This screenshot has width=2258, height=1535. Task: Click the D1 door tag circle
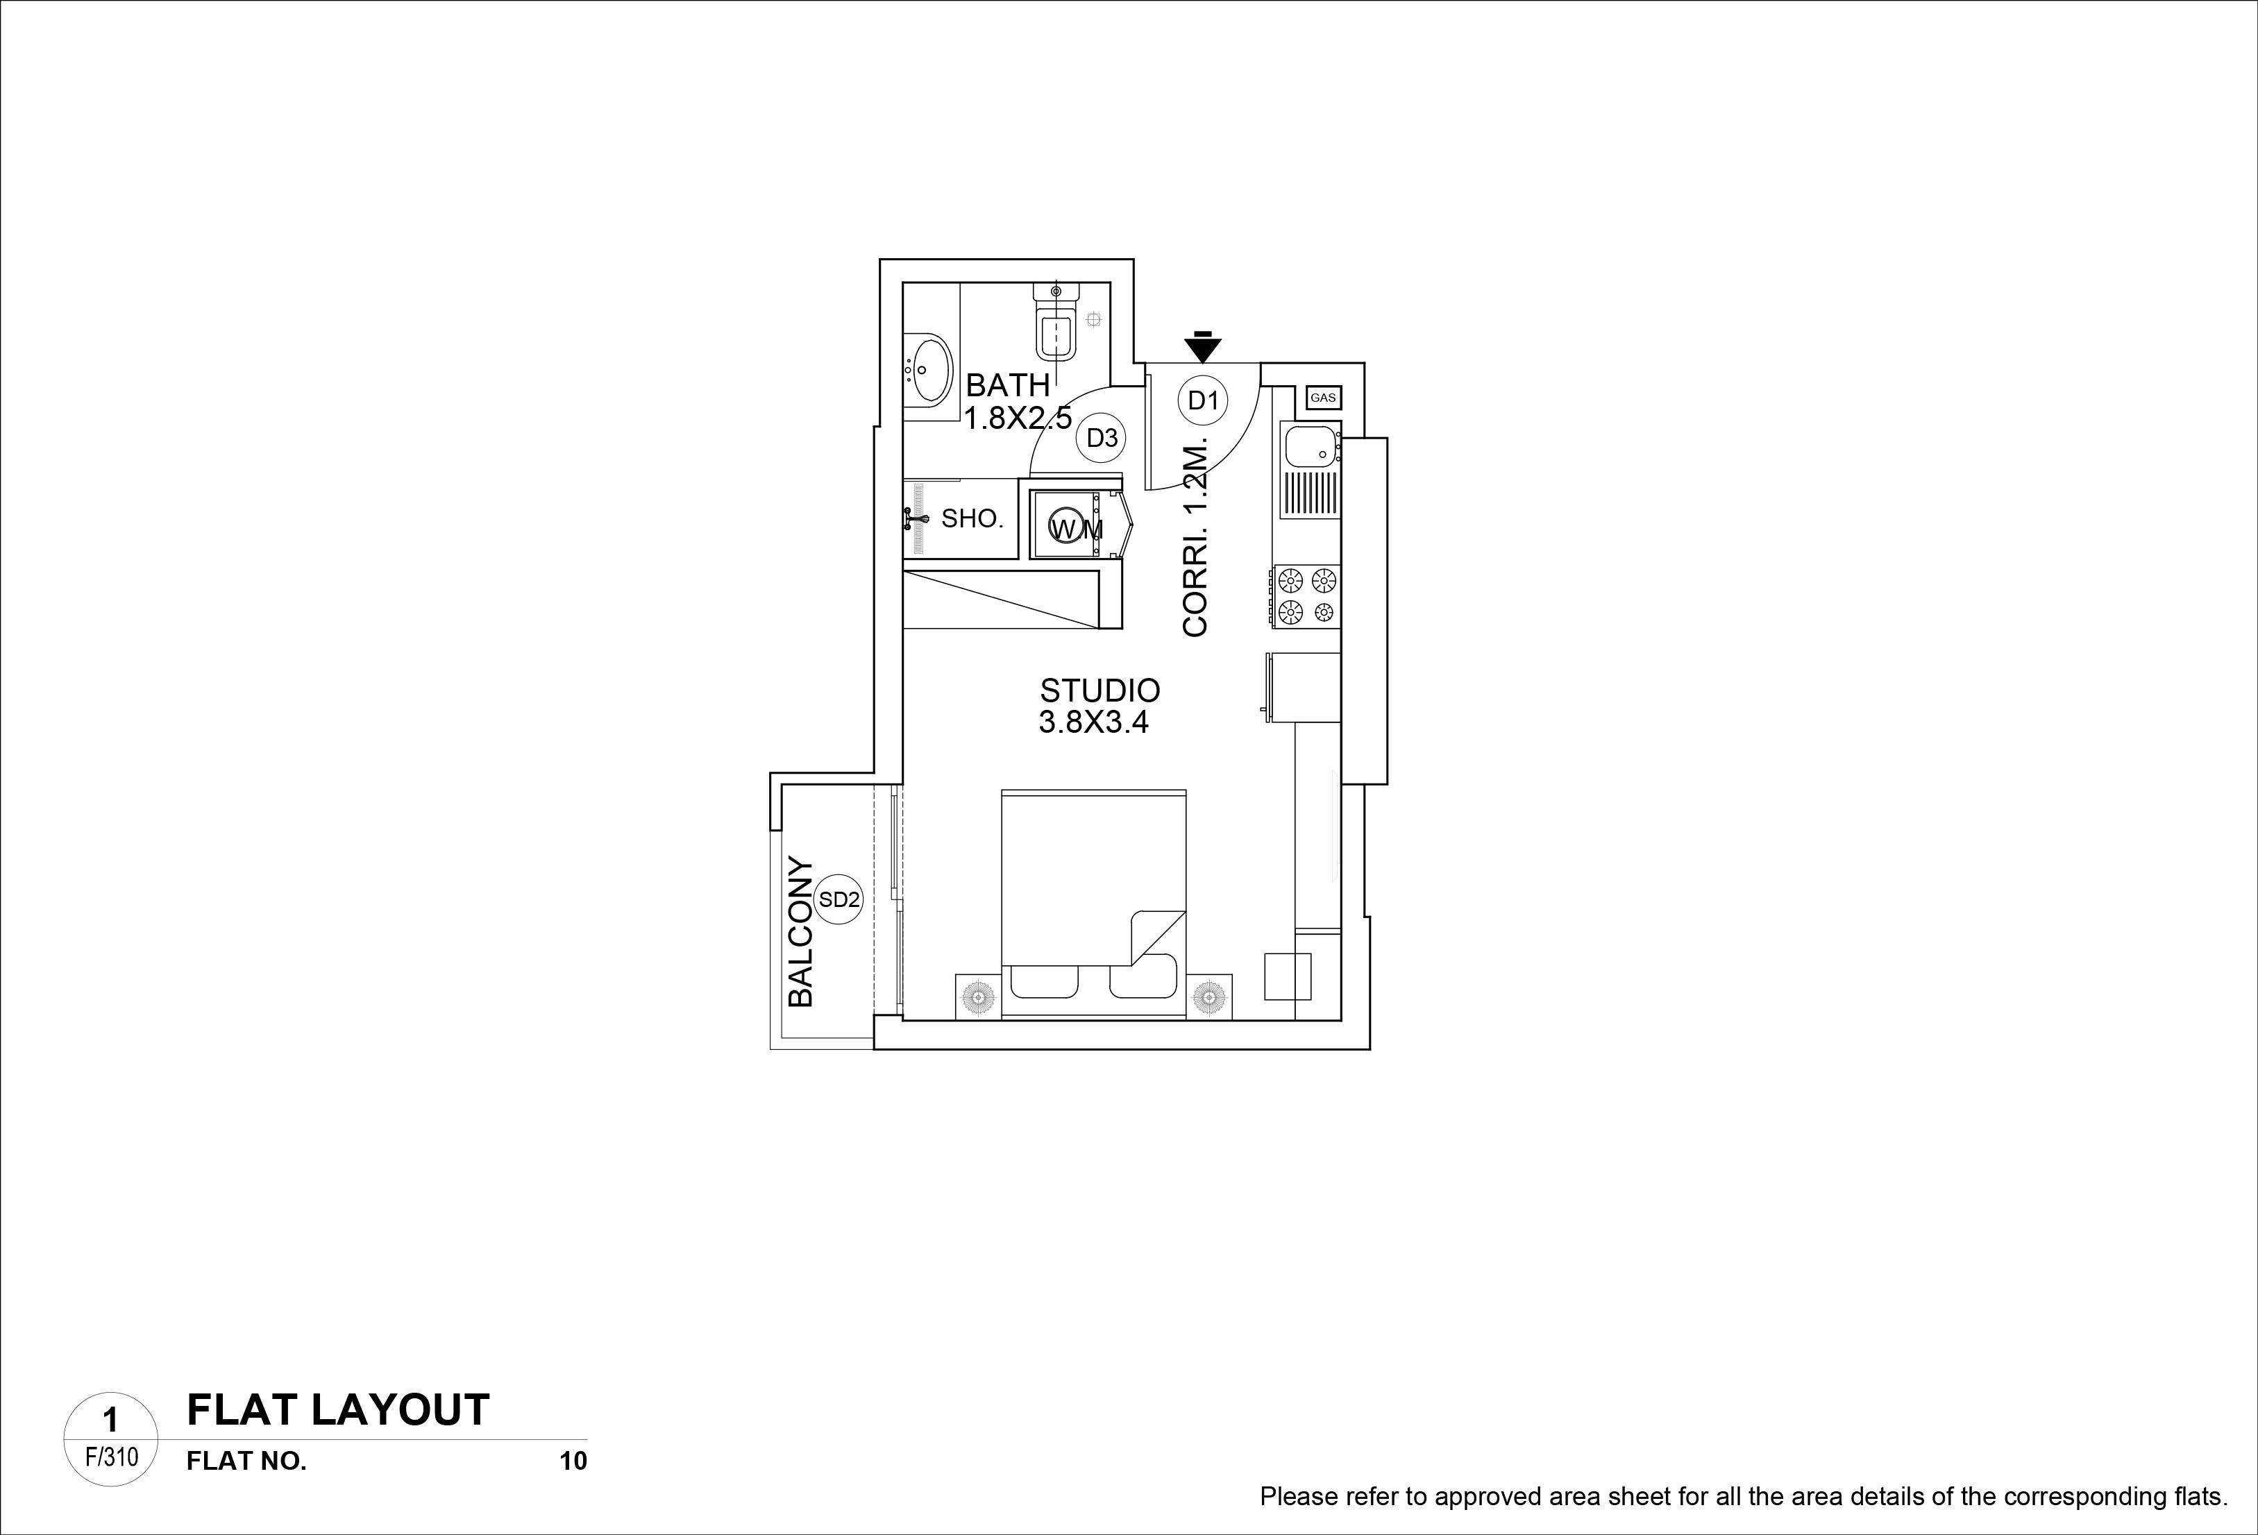point(1203,400)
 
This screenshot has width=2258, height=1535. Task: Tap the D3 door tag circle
point(1102,438)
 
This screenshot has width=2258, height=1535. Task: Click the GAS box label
point(1323,398)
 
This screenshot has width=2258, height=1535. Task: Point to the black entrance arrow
point(1203,347)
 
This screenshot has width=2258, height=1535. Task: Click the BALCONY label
point(800,932)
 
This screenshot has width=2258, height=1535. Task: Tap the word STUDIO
point(1100,690)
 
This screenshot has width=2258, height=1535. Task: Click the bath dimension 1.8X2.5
point(1018,418)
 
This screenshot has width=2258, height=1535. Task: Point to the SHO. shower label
point(972,519)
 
